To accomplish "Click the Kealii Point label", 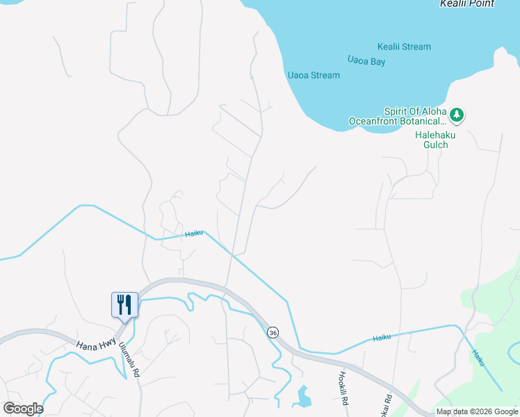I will click(467, 4).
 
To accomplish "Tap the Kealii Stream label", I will click(404, 47).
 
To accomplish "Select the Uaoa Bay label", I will click(366, 62).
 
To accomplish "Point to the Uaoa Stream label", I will click(314, 75).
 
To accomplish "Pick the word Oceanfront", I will click(377, 122).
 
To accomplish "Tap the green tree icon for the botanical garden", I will click(457, 113).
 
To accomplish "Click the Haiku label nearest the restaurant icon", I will click(194, 234).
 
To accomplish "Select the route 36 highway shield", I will click(273, 332).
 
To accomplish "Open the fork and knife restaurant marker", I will click(125, 304).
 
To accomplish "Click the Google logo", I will click(23, 409).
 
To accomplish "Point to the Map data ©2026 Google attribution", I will click(477, 412).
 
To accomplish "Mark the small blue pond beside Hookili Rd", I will click(303, 397).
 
